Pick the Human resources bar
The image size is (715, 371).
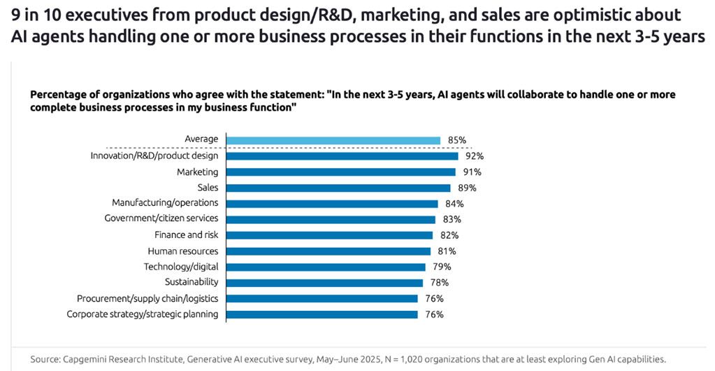329,251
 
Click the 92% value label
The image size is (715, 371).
475,156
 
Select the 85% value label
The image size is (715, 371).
457,140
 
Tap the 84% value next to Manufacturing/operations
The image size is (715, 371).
454,204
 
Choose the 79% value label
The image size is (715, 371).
442,267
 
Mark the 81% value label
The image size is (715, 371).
447,251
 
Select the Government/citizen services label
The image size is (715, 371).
161,218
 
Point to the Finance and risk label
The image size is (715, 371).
186,234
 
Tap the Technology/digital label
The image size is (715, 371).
181,267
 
